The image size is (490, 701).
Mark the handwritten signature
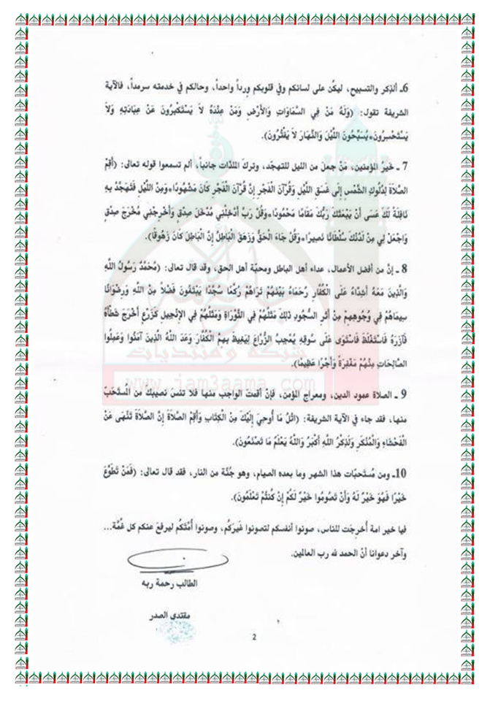(158, 563)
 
